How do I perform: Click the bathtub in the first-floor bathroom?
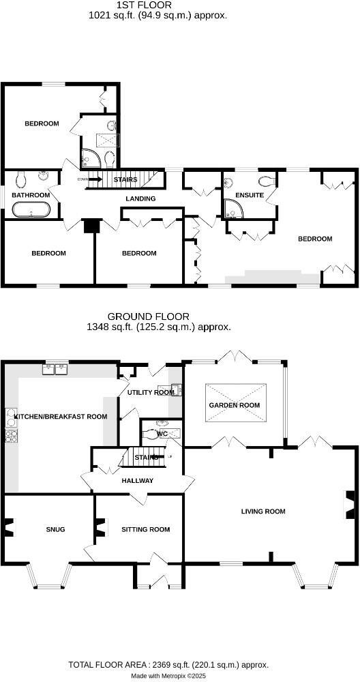pyautogui.click(x=31, y=209)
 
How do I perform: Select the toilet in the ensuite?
pyautogui.click(x=267, y=181)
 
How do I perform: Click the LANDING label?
pyautogui.click(x=140, y=198)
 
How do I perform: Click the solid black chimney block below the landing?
pyautogui.click(x=89, y=226)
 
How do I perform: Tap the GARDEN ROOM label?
pyautogui.click(x=235, y=405)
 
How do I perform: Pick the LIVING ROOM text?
pyautogui.click(x=262, y=511)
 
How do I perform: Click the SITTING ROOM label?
pyautogui.click(x=145, y=529)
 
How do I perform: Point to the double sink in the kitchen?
pyautogui.click(x=57, y=370)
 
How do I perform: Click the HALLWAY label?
pyautogui.click(x=138, y=481)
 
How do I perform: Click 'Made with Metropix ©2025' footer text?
pyautogui.click(x=168, y=676)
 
